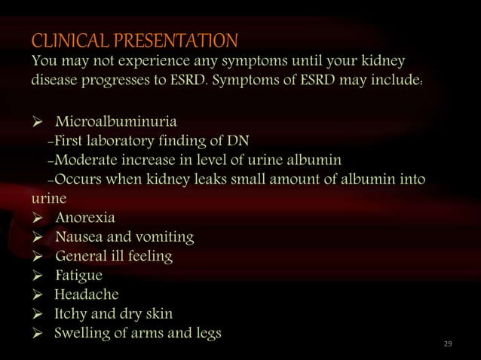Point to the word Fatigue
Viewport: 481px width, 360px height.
pos(79,276)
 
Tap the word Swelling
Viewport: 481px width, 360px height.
pos(84,333)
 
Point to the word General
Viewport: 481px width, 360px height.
pos(81,257)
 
